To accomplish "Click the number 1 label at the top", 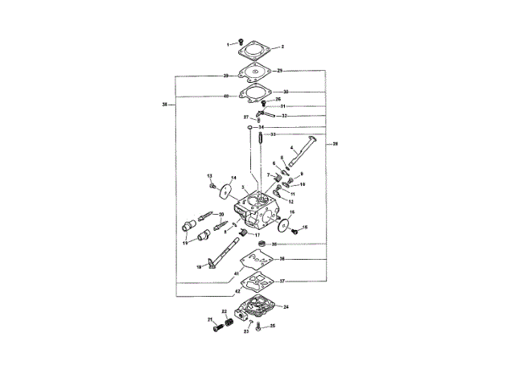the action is pos(228,43).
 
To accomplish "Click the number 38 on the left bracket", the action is pos(165,105).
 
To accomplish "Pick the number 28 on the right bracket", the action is pos(335,143).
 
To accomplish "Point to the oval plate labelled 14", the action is pos(226,191).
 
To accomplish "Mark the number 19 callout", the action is pos(183,241).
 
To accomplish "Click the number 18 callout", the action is pos(199,267).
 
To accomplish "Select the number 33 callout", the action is pos(273,134).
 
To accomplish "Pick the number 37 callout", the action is pos(282,281).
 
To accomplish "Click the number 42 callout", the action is pos(226,291).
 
